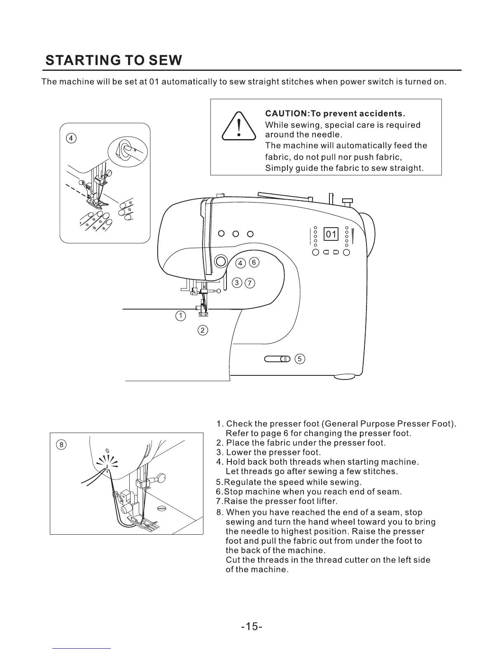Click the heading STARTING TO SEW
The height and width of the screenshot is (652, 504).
[x=114, y=61]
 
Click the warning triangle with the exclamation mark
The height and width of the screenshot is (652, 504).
[x=238, y=127]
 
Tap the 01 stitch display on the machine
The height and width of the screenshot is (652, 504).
[x=331, y=235]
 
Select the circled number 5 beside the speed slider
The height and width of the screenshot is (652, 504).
[x=300, y=359]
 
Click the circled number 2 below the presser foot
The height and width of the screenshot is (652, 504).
[x=203, y=330]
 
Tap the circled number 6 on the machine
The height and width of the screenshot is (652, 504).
[x=254, y=262]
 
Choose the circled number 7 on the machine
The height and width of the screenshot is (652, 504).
[x=250, y=283]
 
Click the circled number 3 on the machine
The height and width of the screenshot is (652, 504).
[x=237, y=282]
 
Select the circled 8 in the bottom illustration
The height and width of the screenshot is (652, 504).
[x=61, y=445]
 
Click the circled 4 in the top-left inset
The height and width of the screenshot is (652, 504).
[x=71, y=138]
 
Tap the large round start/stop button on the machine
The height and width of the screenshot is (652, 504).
[x=221, y=261]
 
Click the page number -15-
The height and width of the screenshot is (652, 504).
[x=252, y=626]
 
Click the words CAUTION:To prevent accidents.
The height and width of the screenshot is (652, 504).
[x=335, y=113]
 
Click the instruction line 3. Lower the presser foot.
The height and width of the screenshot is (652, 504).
[x=268, y=452]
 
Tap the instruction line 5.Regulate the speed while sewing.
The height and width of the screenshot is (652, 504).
[x=289, y=482]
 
